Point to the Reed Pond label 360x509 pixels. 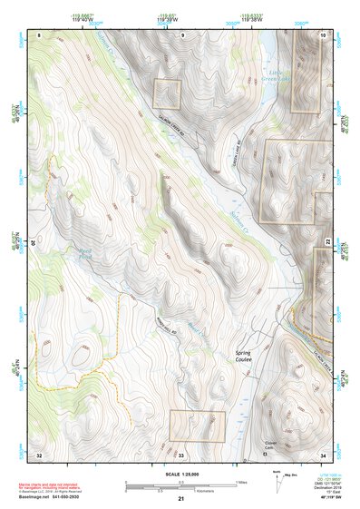tap(60, 257)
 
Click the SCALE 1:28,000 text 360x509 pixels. tap(180, 475)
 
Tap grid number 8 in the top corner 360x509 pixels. tap(40, 34)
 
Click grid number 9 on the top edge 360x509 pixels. tap(181, 34)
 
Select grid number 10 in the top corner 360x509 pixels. tap(323, 34)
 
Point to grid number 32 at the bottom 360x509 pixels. tap(39, 454)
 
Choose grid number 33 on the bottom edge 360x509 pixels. tap(180, 454)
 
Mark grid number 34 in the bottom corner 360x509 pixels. tap(322, 454)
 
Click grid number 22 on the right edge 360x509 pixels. tap(326, 240)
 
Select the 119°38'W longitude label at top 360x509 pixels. tap(245, 21)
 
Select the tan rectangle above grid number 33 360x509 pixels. tap(197, 426)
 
